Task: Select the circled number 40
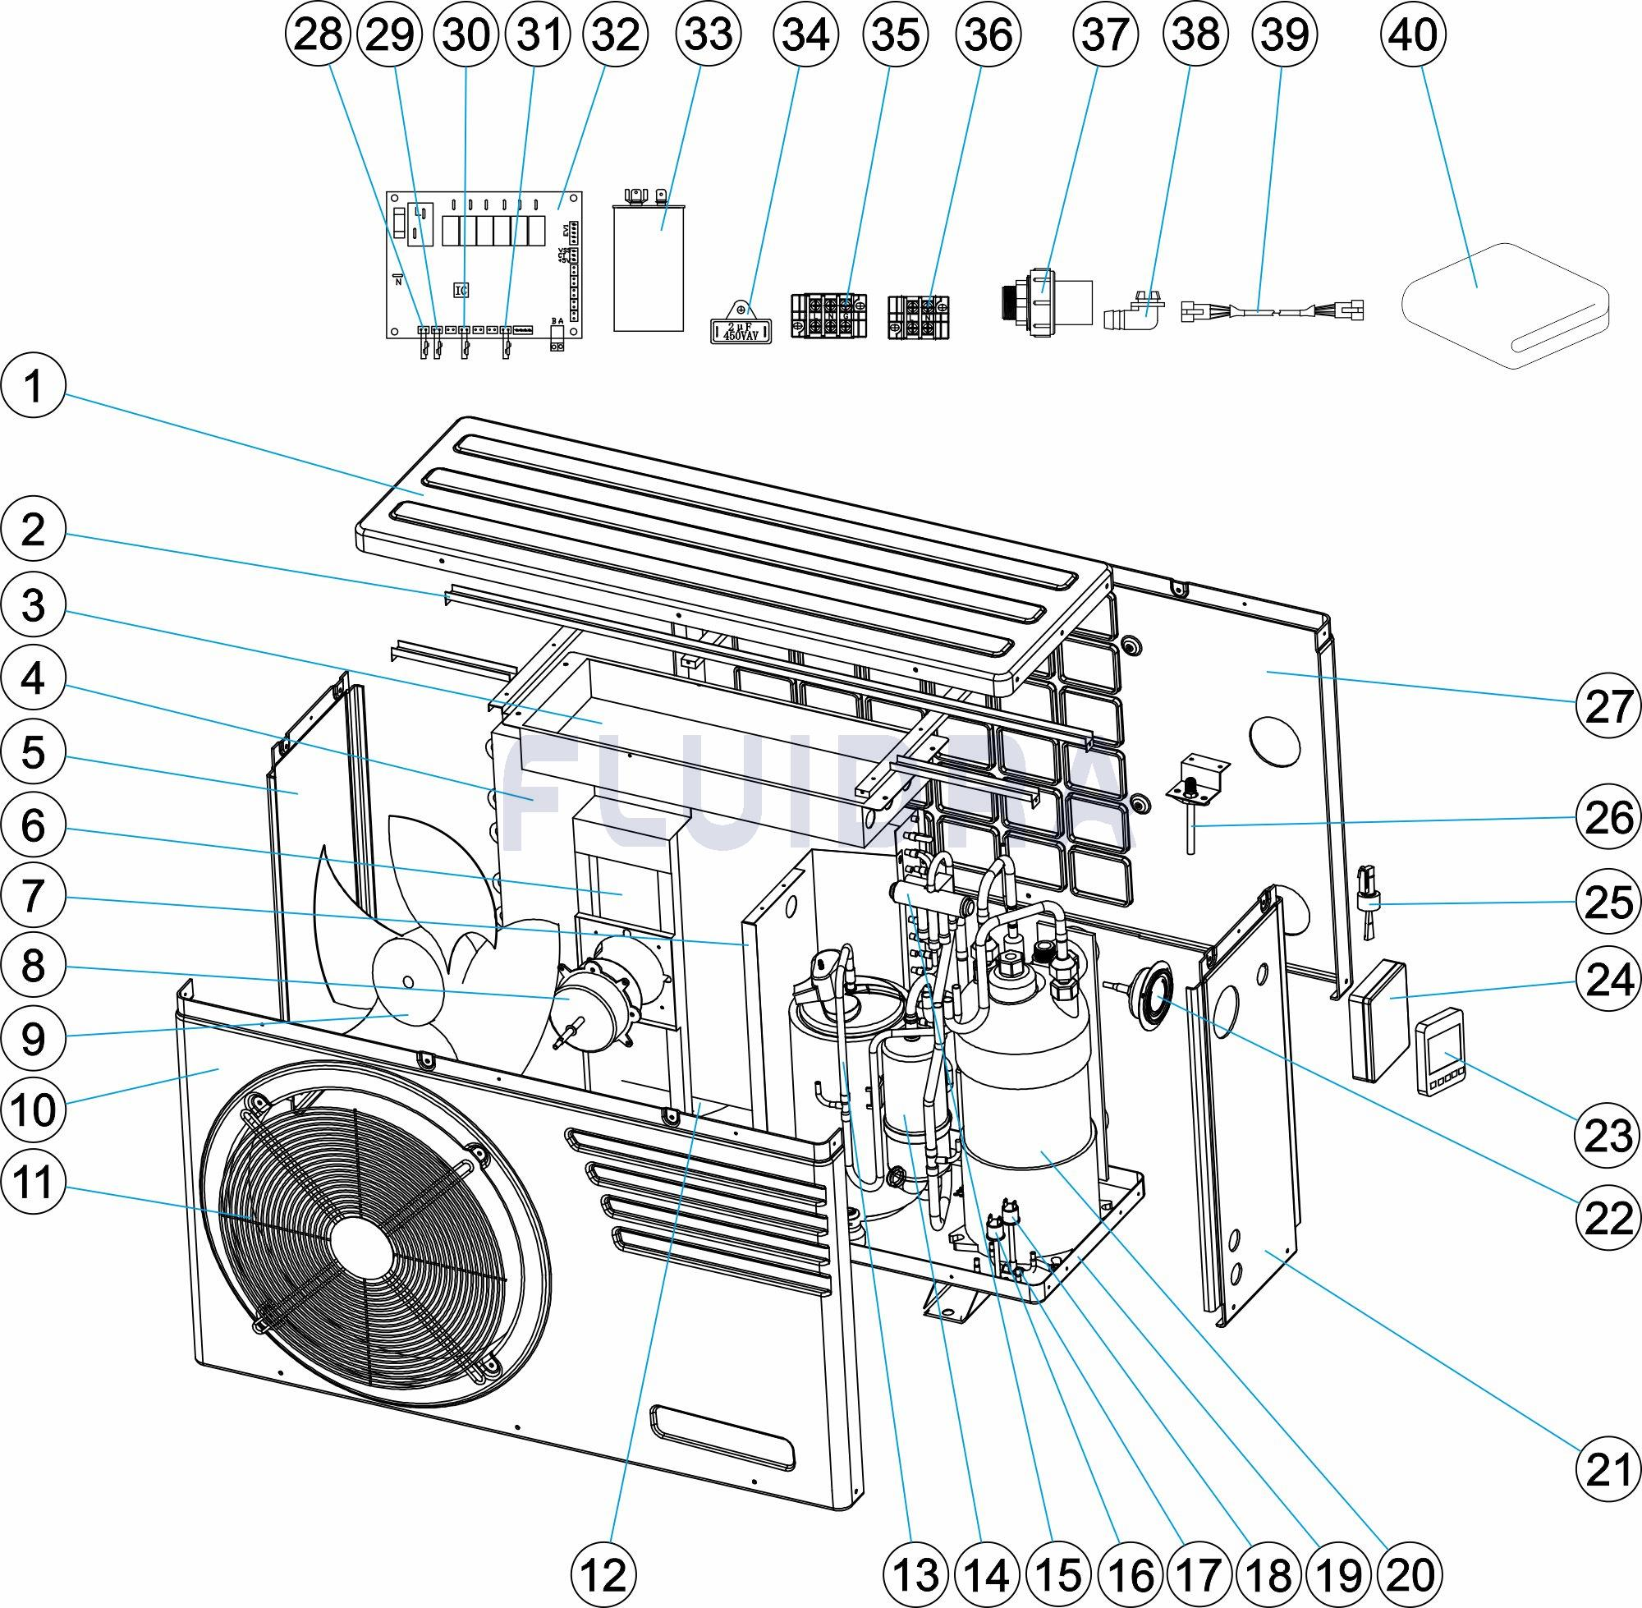(1412, 35)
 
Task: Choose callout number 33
(709, 35)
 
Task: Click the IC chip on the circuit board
(461, 290)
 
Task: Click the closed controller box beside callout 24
(1378, 1020)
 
